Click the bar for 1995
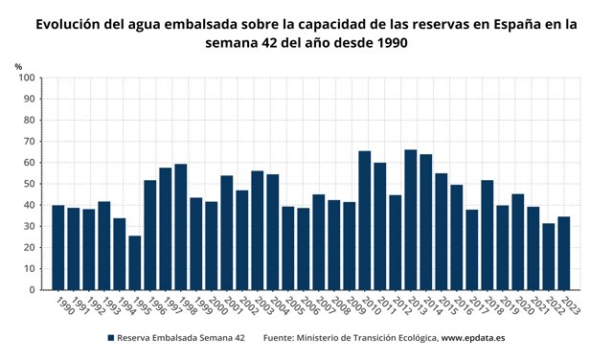(x=135, y=262)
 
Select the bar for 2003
(x=258, y=230)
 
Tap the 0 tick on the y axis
(x=33, y=290)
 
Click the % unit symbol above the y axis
(x=19, y=65)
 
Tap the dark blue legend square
(x=111, y=338)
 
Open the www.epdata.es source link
(x=472, y=338)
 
